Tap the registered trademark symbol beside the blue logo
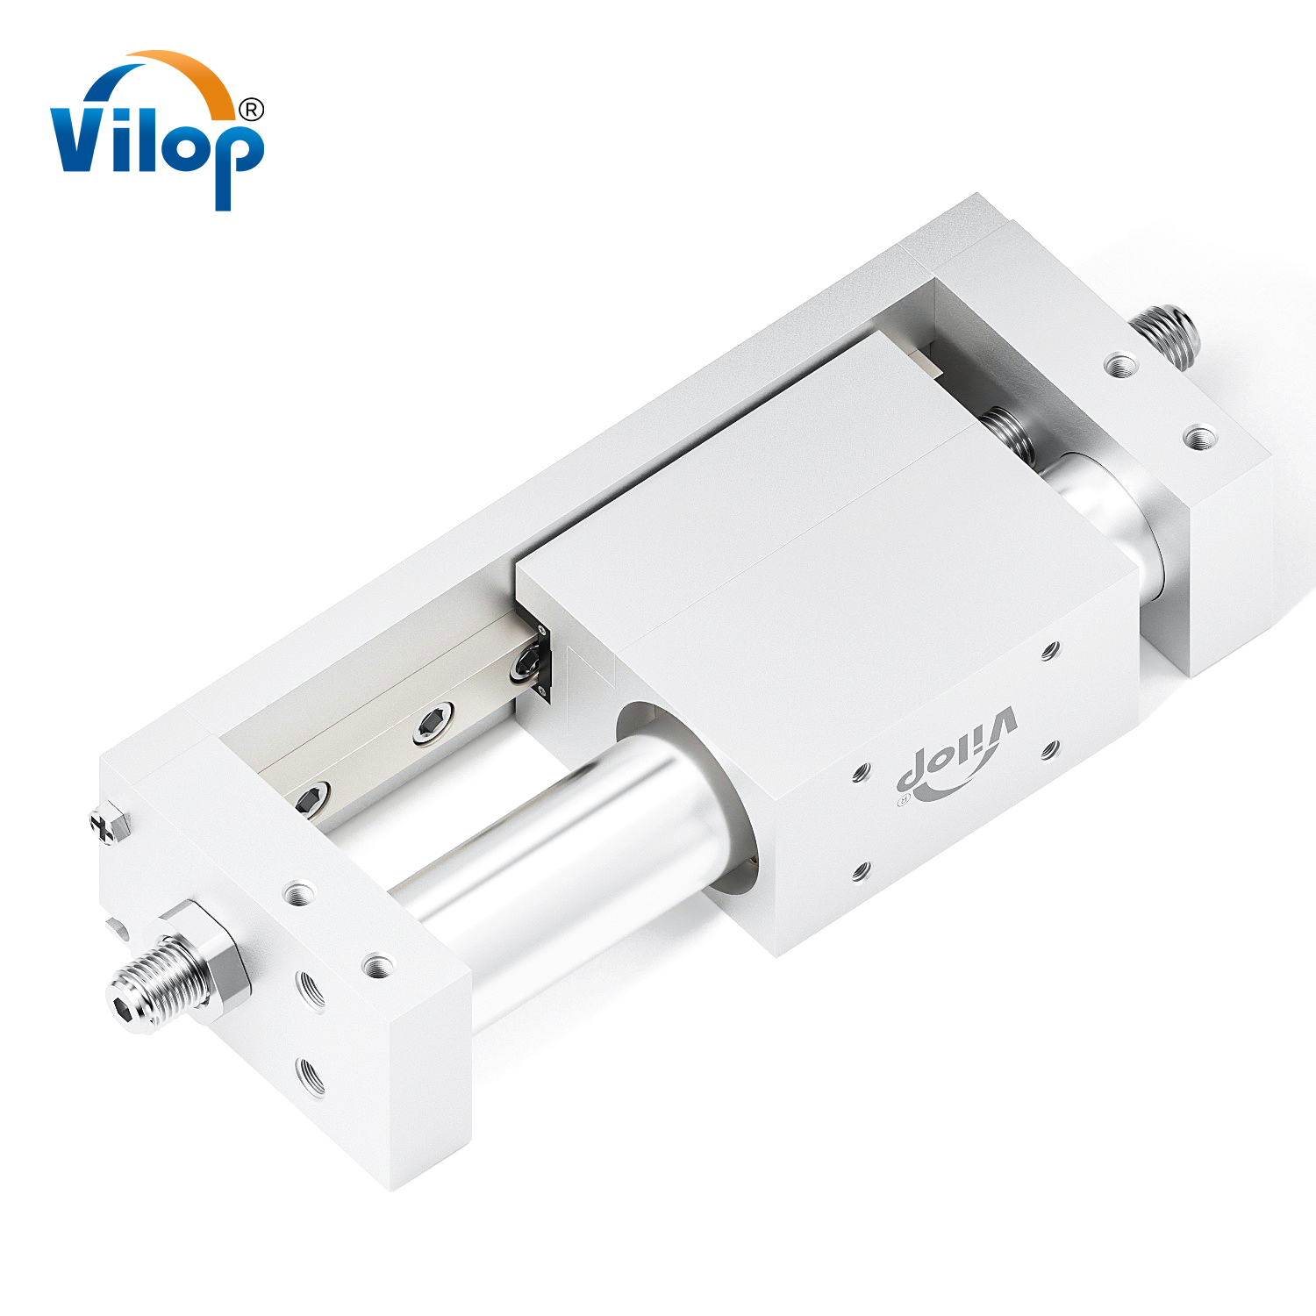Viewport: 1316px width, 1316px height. [251, 110]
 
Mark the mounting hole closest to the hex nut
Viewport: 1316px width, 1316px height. [299, 894]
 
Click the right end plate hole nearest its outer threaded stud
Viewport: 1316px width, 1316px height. [1119, 363]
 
